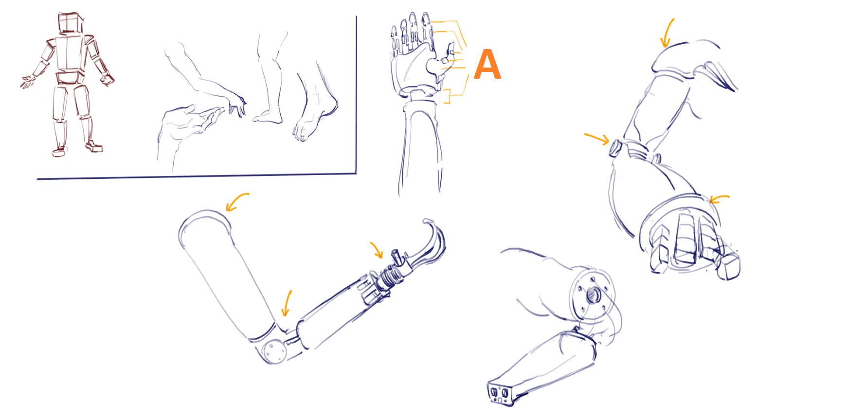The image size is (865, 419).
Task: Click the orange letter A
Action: pyautogui.click(x=487, y=64)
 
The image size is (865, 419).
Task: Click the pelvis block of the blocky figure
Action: pyautogui.click(x=70, y=78)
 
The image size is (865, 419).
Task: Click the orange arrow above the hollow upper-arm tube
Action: pyautogui.click(x=237, y=201)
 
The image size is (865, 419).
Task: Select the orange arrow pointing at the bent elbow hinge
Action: pyautogui.click(x=287, y=304)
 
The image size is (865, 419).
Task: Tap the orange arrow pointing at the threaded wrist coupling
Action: pyautogui.click(x=377, y=250)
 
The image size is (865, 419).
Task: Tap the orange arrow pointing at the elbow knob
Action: pyautogui.click(x=597, y=139)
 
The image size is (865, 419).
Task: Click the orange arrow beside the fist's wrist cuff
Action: pyautogui.click(x=719, y=199)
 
